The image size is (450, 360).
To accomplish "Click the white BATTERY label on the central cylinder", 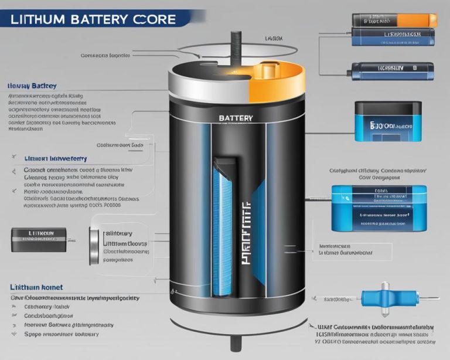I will (236, 118).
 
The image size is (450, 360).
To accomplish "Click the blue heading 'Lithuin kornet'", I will (36, 287).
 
